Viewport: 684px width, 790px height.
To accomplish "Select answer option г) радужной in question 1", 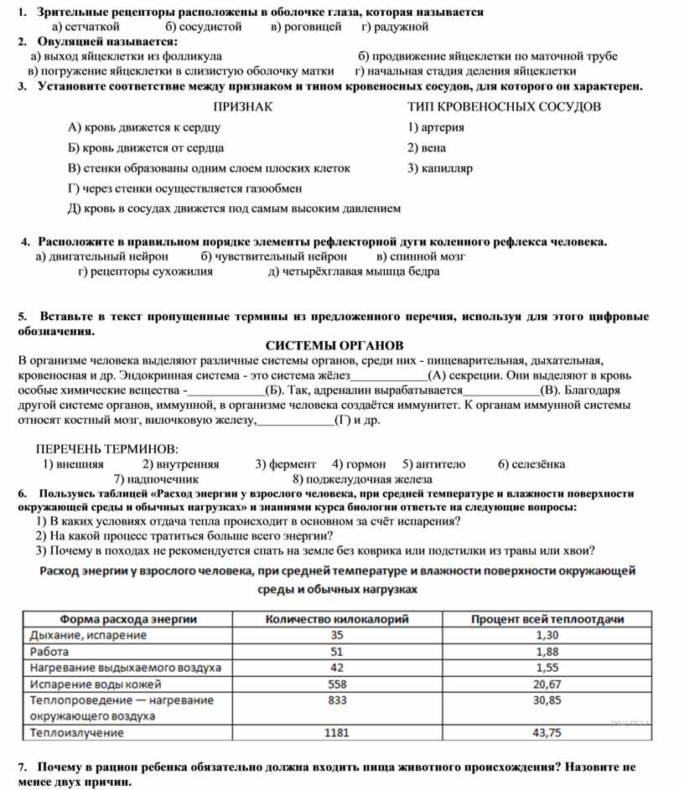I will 395,27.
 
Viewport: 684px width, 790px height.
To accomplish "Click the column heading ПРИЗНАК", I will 243,107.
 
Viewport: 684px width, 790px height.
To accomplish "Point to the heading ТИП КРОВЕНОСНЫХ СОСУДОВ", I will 505,107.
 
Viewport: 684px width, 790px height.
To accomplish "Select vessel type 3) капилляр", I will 440,168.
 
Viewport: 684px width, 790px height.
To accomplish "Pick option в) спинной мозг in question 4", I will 421,256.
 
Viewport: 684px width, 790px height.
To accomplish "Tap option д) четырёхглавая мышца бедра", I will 354,271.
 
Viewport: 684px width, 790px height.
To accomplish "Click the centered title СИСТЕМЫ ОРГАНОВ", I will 334,345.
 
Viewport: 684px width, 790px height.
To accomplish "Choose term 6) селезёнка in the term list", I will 531,464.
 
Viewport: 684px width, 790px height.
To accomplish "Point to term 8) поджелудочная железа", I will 362,479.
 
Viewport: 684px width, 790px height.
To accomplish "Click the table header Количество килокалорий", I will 336,619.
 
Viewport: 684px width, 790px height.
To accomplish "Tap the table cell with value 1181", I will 336,733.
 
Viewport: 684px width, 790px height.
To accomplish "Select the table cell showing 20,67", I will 547,684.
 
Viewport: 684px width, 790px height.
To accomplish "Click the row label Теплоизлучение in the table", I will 77,733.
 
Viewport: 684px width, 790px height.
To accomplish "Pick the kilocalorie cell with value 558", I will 336,684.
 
